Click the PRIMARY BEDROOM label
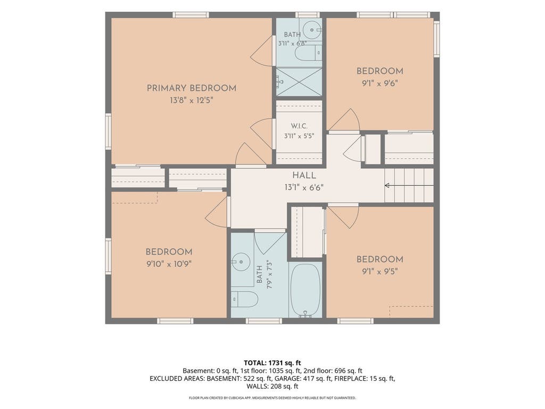(x=192, y=88)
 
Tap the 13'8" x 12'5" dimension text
(x=192, y=101)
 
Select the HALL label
(x=304, y=176)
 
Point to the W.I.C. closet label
(x=299, y=126)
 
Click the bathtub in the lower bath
(x=305, y=290)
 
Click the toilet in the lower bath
(x=244, y=299)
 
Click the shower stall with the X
(x=299, y=82)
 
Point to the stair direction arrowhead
(x=386, y=186)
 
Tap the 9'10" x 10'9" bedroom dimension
(x=169, y=264)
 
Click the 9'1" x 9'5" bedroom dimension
(x=380, y=272)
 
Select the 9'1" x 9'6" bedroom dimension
(x=380, y=84)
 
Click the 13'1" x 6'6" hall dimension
(x=304, y=188)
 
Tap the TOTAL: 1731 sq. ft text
(x=272, y=363)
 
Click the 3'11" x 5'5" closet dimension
(x=299, y=136)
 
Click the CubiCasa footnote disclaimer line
(x=272, y=398)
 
